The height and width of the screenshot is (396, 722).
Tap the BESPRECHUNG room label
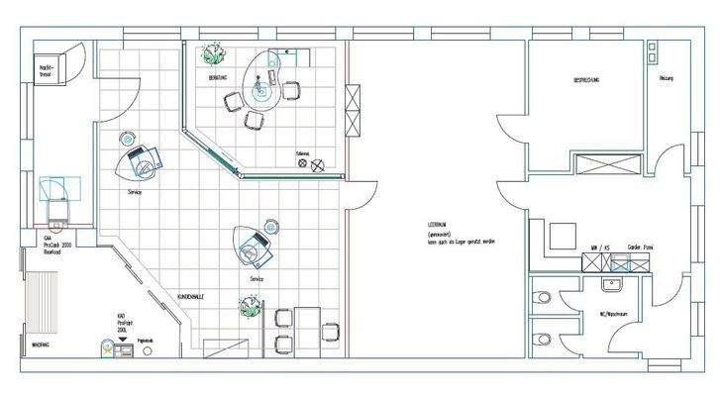[585, 78]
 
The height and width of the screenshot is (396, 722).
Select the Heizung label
[666, 78]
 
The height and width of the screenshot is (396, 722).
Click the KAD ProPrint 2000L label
[125, 323]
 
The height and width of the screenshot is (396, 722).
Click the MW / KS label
[600, 247]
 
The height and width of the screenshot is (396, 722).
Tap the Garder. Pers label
[640, 247]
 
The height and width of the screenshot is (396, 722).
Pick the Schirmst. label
[304, 154]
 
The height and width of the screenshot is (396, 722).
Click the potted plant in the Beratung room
[211, 52]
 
